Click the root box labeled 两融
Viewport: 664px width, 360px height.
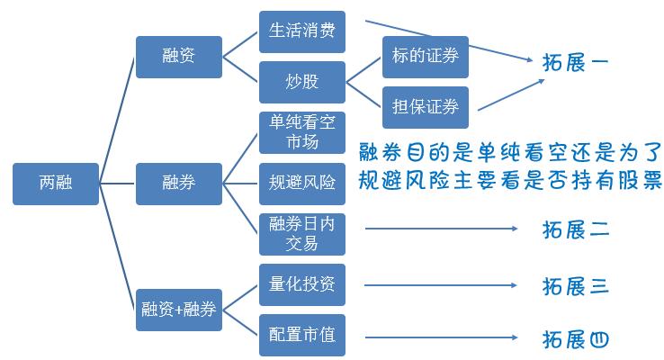tap(55, 184)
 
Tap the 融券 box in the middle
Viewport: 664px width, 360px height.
tap(178, 184)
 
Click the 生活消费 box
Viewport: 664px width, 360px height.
tap(301, 31)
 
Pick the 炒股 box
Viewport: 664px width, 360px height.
tap(301, 83)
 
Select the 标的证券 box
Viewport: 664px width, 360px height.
tap(426, 57)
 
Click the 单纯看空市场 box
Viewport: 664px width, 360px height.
tap(301, 132)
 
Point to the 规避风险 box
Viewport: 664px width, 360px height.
tap(301, 184)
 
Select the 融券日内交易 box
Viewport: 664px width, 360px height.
tap(301, 234)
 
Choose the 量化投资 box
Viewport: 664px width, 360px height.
tap(301, 285)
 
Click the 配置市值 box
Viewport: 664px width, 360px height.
tap(301, 336)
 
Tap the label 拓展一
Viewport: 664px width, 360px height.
tap(577, 64)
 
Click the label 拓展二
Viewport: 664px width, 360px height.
tap(577, 230)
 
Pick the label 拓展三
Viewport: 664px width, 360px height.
tap(577, 286)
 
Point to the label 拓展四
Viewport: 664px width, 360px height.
tap(577, 339)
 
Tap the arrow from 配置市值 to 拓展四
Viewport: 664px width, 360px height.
tap(441, 337)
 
